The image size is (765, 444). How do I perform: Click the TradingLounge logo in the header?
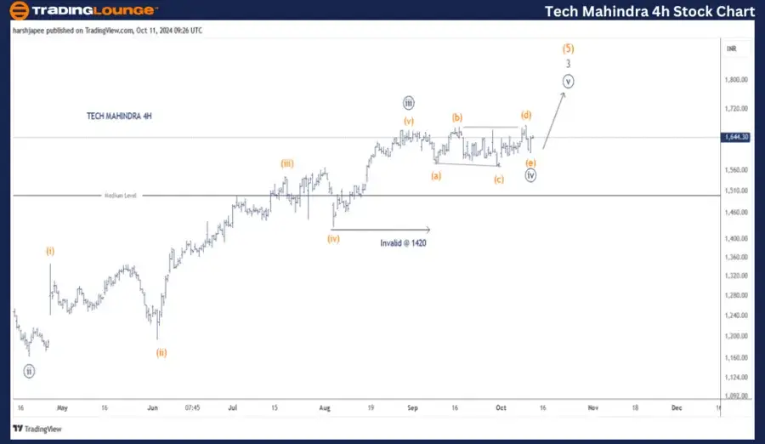pyautogui.click(x=82, y=11)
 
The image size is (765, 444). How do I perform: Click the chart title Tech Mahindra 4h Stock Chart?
pyautogui.click(x=649, y=11)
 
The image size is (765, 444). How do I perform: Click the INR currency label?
pyautogui.click(x=731, y=49)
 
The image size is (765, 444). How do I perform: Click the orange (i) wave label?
pyautogui.click(x=50, y=251)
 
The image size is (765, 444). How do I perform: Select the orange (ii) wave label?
pyautogui.click(x=161, y=352)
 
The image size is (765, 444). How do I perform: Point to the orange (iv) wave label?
pyautogui.click(x=333, y=239)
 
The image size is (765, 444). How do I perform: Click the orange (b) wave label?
pyautogui.click(x=457, y=117)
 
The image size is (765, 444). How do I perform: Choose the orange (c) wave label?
pyautogui.click(x=498, y=179)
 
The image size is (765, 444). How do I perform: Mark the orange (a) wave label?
pyautogui.click(x=436, y=175)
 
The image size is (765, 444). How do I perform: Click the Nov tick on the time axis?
pyautogui.click(x=593, y=407)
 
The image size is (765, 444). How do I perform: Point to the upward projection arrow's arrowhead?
pyautogui.click(x=564, y=95)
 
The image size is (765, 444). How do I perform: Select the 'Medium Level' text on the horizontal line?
pyautogui.click(x=121, y=196)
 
